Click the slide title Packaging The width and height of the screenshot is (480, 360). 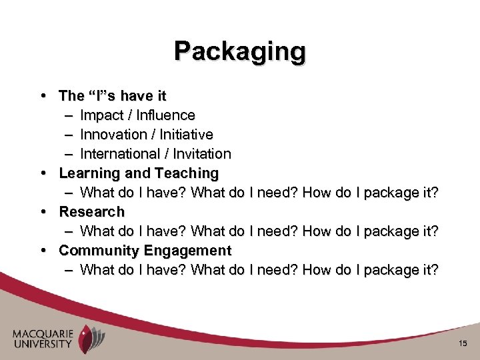click(x=240, y=51)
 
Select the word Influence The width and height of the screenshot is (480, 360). click(x=164, y=115)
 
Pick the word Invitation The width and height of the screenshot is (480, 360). click(x=202, y=154)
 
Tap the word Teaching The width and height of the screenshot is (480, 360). click(x=187, y=173)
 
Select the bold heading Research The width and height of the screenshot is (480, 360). click(x=92, y=212)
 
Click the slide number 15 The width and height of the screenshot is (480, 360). click(x=463, y=343)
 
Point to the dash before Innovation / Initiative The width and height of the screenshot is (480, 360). click(x=70, y=135)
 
